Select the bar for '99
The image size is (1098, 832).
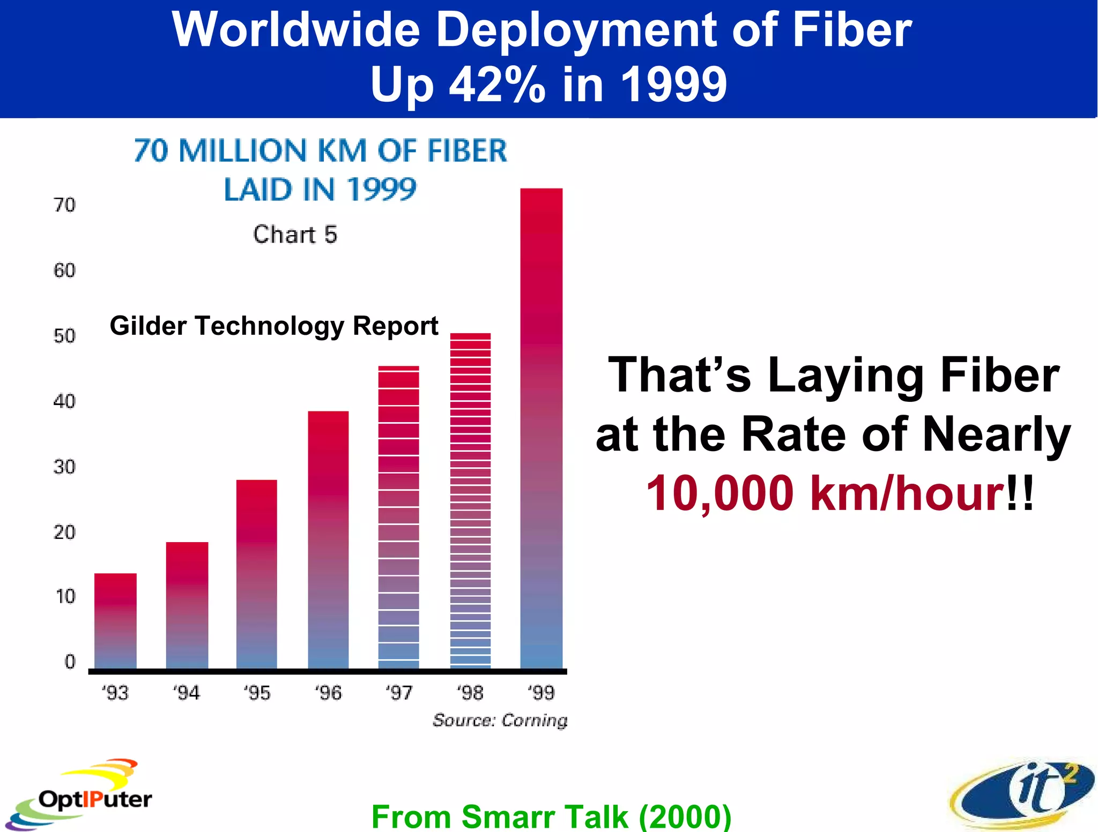tap(541, 429)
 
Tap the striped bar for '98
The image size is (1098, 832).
tap(470, 501)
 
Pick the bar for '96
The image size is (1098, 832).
tap(328, 539)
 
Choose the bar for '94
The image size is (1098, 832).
tap(187, 605)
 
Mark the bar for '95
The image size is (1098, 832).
tap(257, 574)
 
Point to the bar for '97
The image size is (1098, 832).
tap(398, 517)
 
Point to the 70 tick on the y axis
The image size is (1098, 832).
tap(64, 205)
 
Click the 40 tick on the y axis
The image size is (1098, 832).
tap(64, 401)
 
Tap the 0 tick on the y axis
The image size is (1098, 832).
tap(70, 662)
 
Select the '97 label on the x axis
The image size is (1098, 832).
tap(399, 693)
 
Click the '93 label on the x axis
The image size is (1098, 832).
tap(115, 693)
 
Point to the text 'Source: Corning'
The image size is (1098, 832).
tap(500, 721)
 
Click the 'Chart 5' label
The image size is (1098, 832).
tap(295, 235)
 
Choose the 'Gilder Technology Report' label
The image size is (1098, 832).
tap(274, 326)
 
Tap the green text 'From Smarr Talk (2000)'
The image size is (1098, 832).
tap(551, 816)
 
